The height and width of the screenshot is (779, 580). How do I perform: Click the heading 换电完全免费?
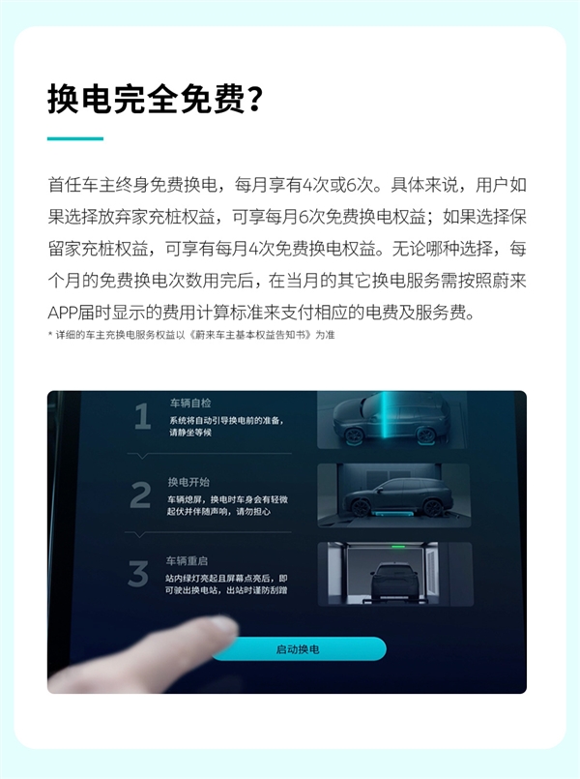click(x=155, y=100)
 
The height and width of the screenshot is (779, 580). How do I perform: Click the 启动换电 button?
click(x=299, y=649)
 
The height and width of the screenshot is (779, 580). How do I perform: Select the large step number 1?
click(x=142, y=417)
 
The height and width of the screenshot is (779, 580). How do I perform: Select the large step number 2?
click(x=140, y=496)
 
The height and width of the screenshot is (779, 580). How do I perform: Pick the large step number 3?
click(x=138, y=573)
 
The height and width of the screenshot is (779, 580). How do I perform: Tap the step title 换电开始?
click(x=188, y=482)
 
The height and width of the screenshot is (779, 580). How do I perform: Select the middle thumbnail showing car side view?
click(x=394, y=494)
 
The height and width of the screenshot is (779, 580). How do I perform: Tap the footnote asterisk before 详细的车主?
click(x=50, y=335)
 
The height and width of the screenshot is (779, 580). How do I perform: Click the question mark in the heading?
click(x=253, y=100)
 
